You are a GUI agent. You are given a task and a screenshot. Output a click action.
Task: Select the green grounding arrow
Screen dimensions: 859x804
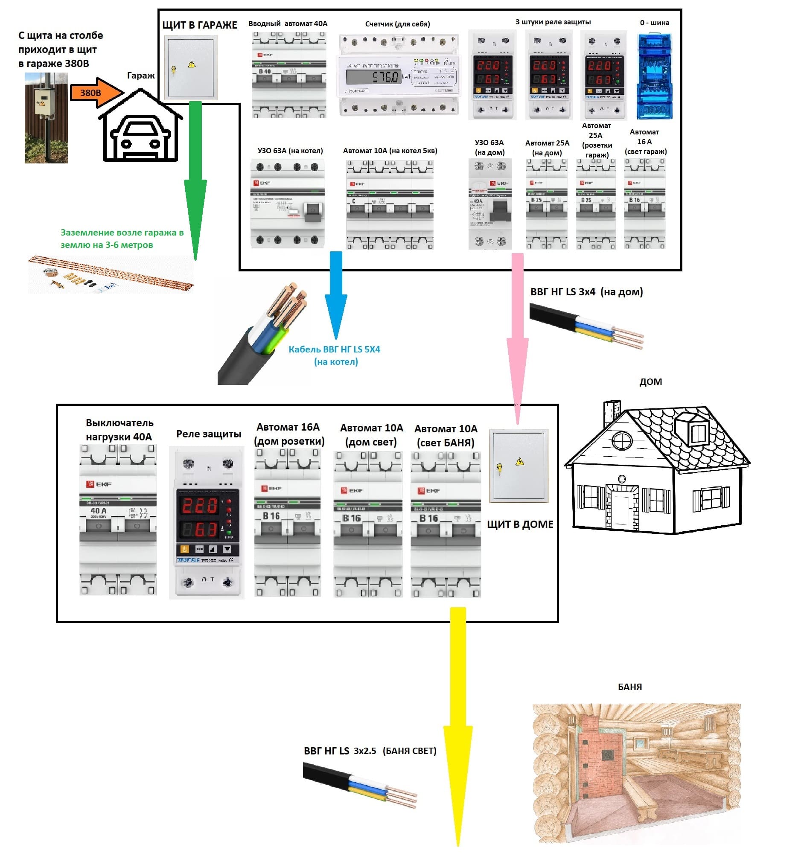[195, 181]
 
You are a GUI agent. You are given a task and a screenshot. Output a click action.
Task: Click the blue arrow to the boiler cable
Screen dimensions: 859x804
[336, 294]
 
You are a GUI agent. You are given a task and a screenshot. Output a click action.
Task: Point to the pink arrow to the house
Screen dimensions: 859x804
[517, 337]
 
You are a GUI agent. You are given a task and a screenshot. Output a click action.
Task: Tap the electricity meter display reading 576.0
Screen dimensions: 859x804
[374, 77]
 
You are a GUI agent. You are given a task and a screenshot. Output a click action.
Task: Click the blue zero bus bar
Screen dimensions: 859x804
[654, 76]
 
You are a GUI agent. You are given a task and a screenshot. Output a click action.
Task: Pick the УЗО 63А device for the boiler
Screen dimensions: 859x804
[287, 203]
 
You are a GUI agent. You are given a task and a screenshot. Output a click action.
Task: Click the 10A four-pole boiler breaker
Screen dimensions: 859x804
[390, 204]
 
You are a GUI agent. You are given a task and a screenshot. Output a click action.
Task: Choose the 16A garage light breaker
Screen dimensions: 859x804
[644, 204]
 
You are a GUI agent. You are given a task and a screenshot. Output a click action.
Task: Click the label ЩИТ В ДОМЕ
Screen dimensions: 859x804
[520, 524]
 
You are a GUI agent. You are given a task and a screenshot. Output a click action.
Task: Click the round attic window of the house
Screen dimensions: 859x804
[622, 441]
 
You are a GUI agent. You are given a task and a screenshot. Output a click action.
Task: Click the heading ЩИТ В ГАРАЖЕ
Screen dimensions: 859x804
[200, 25]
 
